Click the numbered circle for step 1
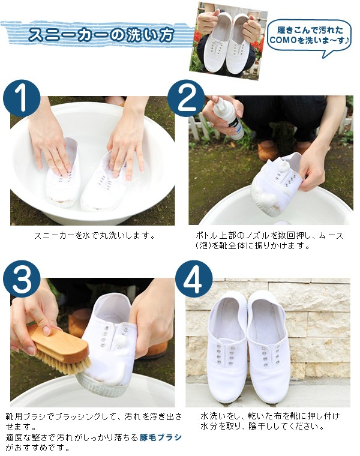click(x=22, y=98)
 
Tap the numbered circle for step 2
click(x=186, y=98)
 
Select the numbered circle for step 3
click(x=22, y=279)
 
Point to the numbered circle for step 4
click(x=194, y=279)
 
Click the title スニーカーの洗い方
click(x=101, y=35)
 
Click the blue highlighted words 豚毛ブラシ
click(x=161, y=437)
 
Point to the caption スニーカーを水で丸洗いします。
click(x=95, y=235)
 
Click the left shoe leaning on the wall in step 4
click(x=227, y=346)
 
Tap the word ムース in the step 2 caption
click(x=331, y=235)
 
